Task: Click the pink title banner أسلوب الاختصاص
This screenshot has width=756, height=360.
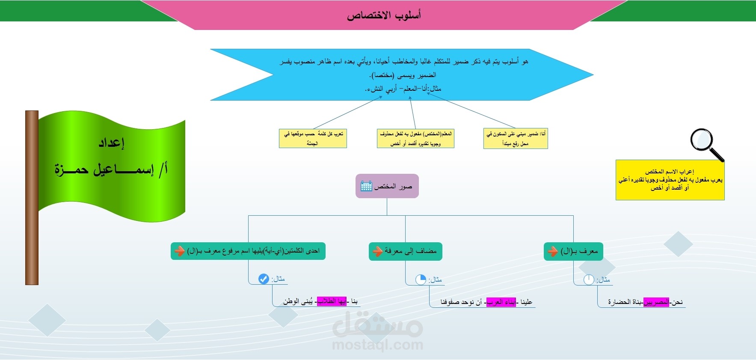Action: pos(384,15)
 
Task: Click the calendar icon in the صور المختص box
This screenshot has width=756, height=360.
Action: pos(366,186)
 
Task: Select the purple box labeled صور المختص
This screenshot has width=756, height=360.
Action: pos(387,186)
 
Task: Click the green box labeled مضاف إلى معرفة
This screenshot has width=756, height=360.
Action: pos(406,251)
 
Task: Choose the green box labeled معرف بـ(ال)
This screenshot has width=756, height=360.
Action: pos(573,251)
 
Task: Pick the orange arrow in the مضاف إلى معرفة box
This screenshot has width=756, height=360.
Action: pos(377,251)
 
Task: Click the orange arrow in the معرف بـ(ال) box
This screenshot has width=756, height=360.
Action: pos(553,251)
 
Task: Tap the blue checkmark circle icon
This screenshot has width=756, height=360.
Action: pos(264,279)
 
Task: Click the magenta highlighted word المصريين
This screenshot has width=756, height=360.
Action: pos(656,302)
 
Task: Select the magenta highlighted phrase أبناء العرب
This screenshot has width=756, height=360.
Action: pos(501,302)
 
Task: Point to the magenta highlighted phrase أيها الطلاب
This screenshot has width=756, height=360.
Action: pos(332,301)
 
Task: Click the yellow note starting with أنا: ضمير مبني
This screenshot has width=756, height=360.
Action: pos(516,139)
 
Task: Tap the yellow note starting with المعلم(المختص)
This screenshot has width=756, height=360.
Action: pos(415,139)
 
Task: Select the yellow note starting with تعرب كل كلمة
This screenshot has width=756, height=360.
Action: pos(313,139)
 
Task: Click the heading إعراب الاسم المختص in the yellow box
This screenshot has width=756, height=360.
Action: pos(670,172)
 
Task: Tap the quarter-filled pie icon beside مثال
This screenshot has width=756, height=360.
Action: pos(421,280)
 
